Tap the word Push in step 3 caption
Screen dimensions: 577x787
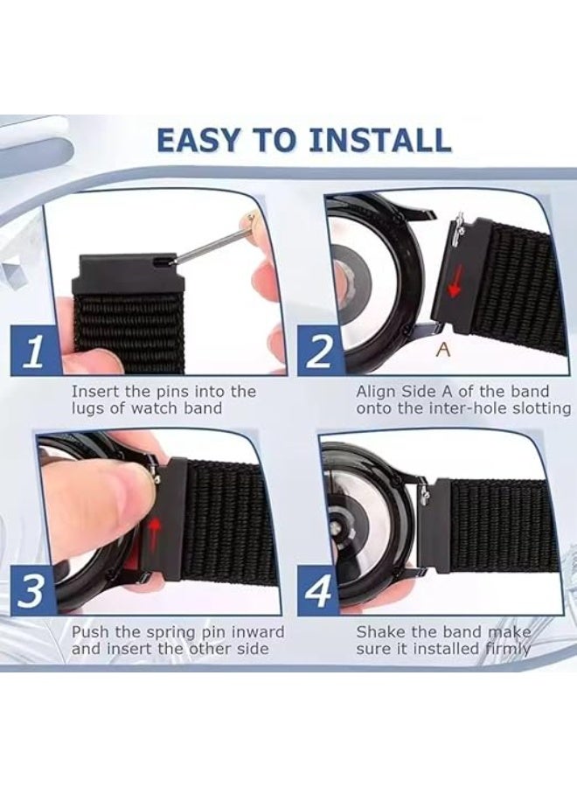89,631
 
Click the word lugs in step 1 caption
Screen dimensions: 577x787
87,408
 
